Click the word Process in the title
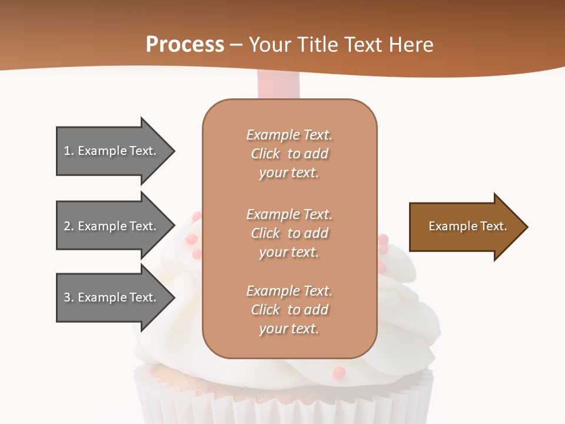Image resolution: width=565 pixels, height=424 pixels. point(185,45)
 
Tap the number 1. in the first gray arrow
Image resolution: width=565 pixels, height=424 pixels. point(69,151)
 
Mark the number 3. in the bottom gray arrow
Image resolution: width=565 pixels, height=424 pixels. point(69,297)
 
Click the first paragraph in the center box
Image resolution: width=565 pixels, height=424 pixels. point(289,154)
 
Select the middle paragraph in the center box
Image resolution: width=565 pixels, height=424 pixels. point(289,233)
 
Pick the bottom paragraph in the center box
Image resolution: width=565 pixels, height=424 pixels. point(289,310)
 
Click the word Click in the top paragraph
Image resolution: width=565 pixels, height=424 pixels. point(265,154)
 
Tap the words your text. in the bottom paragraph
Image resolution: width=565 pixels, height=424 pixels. point(289,329)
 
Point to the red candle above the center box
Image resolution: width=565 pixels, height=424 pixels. point(278,85)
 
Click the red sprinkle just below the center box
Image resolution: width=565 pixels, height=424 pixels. point(339,372)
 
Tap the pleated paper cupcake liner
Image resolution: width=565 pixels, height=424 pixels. point(282,400)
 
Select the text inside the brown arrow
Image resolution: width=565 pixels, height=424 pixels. point(468,226)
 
